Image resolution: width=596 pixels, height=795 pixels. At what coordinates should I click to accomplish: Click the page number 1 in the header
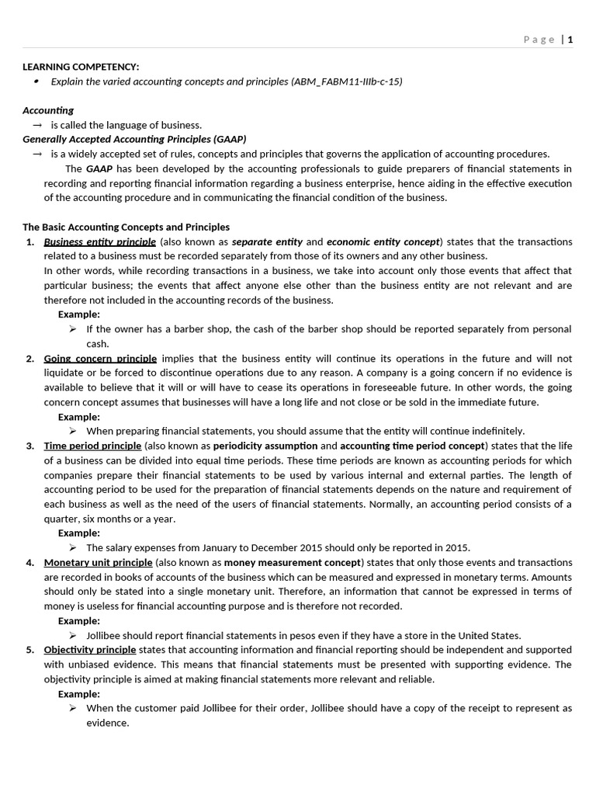point(570,40)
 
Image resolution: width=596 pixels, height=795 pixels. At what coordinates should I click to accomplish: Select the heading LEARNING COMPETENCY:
point(81,67)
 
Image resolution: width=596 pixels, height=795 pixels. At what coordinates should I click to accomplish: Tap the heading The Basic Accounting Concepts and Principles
point(126,227)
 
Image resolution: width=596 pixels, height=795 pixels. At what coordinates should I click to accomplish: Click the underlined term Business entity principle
point(99,241)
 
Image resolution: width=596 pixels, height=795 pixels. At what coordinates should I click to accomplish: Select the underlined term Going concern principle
point(100,358)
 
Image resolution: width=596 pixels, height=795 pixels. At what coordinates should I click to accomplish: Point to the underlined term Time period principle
point(92,446)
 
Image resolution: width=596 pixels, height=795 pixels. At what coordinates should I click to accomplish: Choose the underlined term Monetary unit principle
point(99,562)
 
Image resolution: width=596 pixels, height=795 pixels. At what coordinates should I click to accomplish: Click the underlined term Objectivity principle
point(90,649)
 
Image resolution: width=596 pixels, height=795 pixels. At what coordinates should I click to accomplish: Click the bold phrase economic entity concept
point(383,241)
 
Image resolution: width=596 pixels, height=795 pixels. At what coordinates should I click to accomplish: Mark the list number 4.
point(29,562)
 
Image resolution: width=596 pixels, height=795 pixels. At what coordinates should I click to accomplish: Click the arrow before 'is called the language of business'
point(36,125)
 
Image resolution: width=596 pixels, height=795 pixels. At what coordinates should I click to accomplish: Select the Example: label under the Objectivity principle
point(79,693)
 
